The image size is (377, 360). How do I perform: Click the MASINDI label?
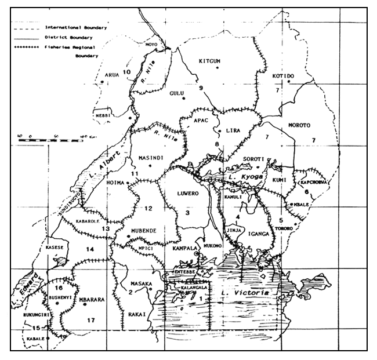tap(152, 158)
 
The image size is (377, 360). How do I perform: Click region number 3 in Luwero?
tap(187, 213)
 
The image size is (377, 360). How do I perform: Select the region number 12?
tap(148, 208)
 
